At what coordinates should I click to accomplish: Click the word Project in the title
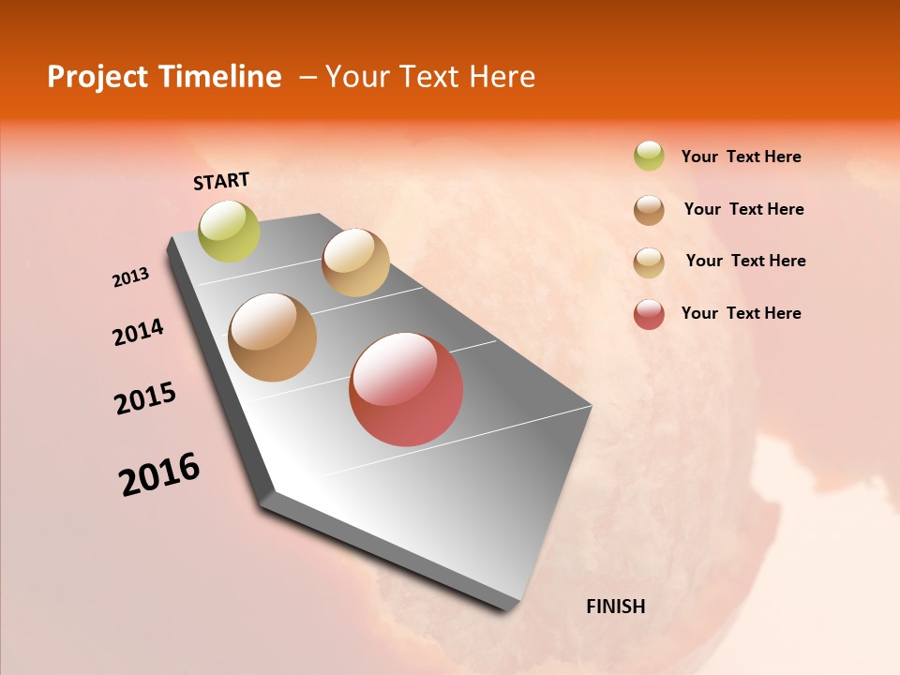(98, 77)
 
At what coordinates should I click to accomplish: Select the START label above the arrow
(221, 181)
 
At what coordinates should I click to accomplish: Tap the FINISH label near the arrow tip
(615, 607)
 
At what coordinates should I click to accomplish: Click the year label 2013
(130, 277)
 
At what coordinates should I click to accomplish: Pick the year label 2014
(138, 332)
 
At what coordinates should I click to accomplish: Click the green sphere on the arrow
(230, 232)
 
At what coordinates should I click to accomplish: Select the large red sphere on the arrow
(406, 389)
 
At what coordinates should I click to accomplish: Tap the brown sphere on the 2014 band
(273, 337)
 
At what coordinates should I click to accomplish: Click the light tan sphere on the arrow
(355, 262)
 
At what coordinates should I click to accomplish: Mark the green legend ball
(649, 156)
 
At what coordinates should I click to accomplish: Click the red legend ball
(649, 314)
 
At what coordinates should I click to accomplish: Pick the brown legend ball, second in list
(649, 210)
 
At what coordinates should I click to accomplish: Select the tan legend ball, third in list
(649, 262)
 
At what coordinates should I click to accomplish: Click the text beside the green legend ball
(741, 157)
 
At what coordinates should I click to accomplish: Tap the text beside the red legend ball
(741, 313)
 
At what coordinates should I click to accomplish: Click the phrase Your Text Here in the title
(430, 77)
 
